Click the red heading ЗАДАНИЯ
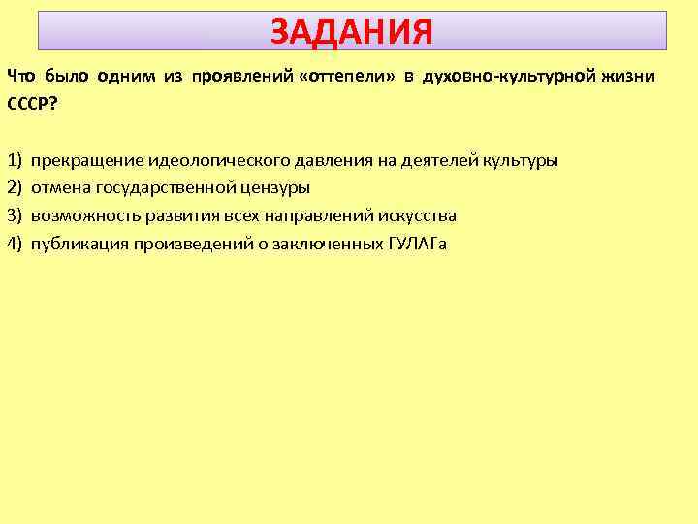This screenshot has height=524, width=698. (x=352, y=32)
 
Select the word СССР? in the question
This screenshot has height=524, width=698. (x=32, y=103)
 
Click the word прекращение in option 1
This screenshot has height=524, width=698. (x=87, y=160)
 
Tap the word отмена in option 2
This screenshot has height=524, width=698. (x=59, y=187)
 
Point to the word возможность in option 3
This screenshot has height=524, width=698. (x=82, y=214)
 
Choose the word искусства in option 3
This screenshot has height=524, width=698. (x=418, y=214)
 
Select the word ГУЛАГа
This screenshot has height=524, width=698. (x=416, y=243)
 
